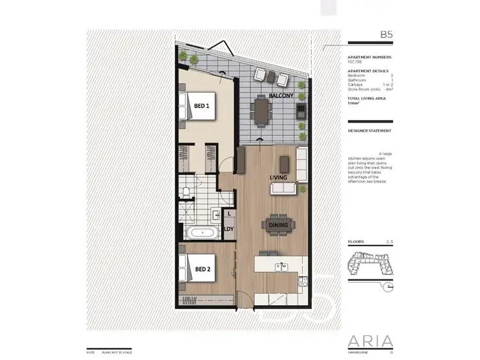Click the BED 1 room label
pos(203,107)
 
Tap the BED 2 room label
pos(203,269)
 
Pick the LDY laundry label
pos(227,230)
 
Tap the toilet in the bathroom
pos(186,189)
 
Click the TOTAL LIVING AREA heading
pos(366,98)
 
